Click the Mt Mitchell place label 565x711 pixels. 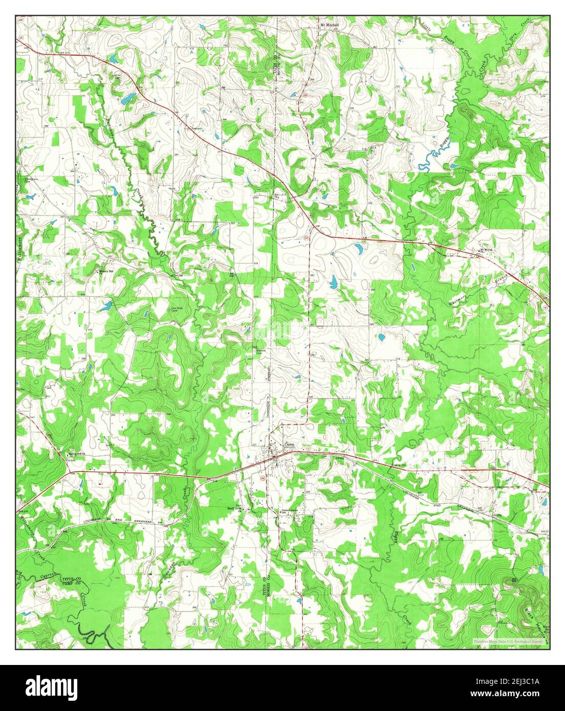pyautogui.click(x=330, y=24)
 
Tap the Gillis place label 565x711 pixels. pyautogui.click(x=499, y=516)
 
